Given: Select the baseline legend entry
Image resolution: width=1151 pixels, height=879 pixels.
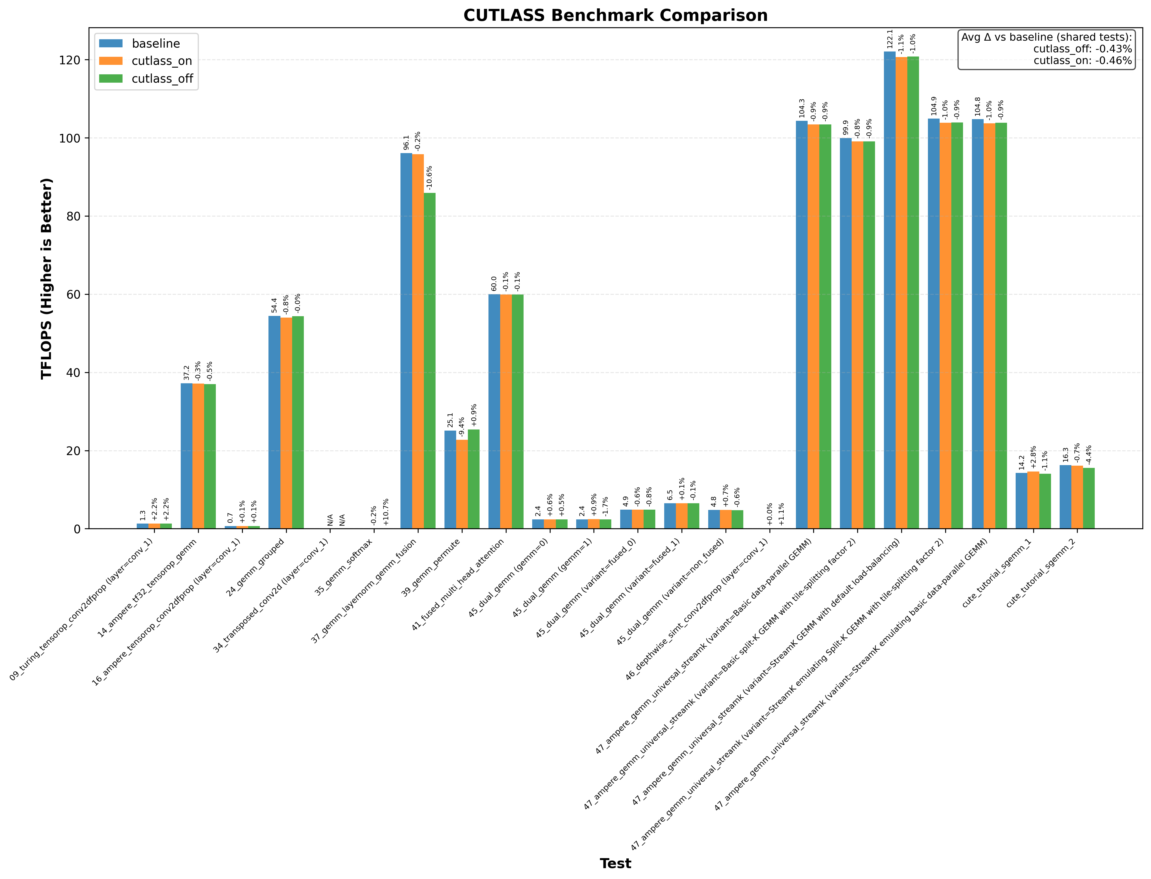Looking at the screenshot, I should coord(155,43).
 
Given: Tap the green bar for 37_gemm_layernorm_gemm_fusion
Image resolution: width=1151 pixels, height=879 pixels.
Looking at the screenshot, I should coord(429,361).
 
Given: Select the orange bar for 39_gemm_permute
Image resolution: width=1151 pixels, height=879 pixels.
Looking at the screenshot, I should coord(462,484).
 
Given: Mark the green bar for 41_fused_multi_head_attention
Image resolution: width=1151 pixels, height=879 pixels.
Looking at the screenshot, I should coord(517,411).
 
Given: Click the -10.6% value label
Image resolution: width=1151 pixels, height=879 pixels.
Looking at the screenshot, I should coord(429,178).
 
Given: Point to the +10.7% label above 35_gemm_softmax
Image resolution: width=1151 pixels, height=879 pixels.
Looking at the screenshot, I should coord(386,511).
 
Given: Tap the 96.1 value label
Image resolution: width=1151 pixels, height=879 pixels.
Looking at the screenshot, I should coord(406,143).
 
